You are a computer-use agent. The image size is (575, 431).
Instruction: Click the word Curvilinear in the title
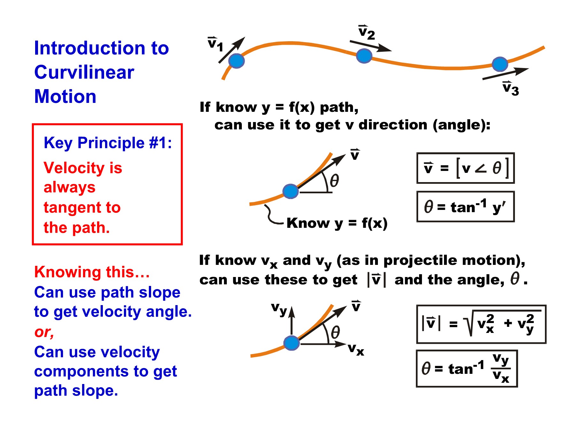click(x=84, y=72)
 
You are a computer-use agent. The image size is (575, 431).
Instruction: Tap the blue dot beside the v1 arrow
click(x=236, y=61)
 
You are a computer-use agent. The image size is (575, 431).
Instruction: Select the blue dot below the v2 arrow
click(x=364, y=56)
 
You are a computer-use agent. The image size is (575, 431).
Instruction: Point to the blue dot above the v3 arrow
click(x=500, y=64)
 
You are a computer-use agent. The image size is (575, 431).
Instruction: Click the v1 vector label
click(x=215, y=44)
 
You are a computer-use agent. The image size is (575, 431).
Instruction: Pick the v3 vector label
click(x=511, y=88)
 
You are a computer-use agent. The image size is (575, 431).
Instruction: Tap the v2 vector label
click(x=367, y=32)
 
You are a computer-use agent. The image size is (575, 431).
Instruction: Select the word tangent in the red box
click(x=82, y=208)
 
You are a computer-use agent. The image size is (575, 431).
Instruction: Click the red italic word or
click(x=44, y=332)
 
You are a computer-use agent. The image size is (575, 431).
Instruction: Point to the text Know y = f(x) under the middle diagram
click(x=337, y=223)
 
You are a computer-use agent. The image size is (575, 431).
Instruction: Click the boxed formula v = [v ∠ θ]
click(x=465, y=168)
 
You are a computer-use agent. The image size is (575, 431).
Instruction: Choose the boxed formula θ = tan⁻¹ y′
click(x=465, y=206)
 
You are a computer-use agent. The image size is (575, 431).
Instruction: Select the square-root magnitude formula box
click(x=481, y=324)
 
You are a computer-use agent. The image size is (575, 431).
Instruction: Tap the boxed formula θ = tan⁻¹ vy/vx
click(x=467, y=368)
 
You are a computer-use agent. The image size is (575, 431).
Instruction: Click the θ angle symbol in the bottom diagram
click(x=335, y=332)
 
